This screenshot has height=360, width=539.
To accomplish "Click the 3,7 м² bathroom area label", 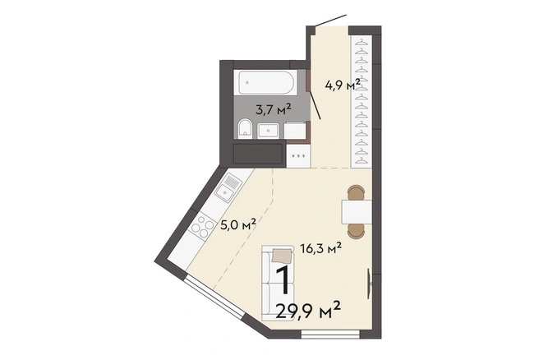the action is pos(274,109).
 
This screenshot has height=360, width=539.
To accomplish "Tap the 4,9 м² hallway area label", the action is pos(343,84).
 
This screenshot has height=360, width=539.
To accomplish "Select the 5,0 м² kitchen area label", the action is pos(238,225).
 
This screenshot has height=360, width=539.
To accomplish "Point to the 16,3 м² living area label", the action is pos(320,247).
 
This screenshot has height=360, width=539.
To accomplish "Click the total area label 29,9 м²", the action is pos(308,312).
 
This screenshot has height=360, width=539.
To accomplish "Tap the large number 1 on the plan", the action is pos(283,280).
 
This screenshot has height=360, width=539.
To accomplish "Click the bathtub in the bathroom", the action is pos(266,82).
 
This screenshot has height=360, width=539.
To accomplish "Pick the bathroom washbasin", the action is pos(269,131).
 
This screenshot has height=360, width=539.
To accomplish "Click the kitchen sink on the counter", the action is pos(227,187).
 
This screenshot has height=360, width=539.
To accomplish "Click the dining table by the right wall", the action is pos(357,212).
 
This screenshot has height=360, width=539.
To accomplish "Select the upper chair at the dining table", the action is pos(356,192).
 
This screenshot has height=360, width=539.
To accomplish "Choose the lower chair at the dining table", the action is pos(356,231).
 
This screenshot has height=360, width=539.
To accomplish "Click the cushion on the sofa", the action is pos(282,256).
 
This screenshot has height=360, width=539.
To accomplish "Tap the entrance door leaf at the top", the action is pos(330,21).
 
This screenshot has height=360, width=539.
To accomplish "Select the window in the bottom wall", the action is pos(330,335).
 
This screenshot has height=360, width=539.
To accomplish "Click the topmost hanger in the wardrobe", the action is pos(361,43).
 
